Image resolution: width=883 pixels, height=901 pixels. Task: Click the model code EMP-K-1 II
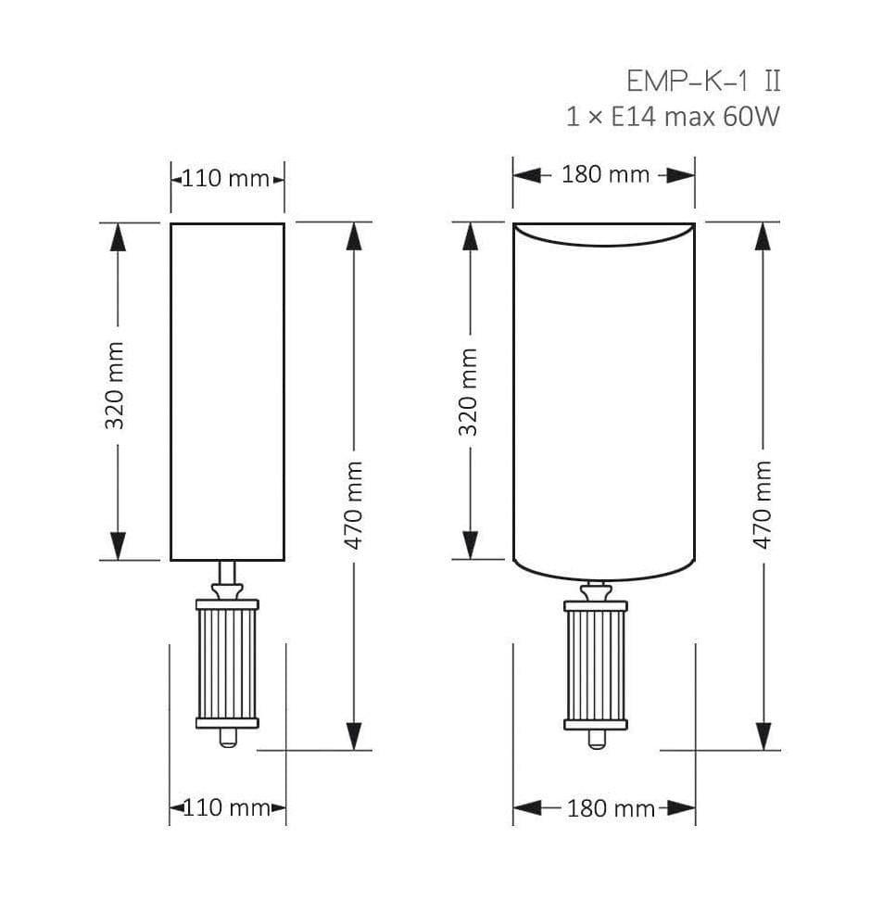tap(704, 81)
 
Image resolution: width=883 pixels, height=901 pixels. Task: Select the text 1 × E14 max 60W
tap(673, 117)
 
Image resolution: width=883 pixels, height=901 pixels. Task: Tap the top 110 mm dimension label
tap(226, 179)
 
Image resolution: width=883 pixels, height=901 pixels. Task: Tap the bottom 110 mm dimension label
tap(226, 808)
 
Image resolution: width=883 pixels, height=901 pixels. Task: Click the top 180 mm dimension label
tap(606, 174)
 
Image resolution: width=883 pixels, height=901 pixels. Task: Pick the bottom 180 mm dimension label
tap(611, 809)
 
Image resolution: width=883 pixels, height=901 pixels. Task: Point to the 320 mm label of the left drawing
tap(115, 386)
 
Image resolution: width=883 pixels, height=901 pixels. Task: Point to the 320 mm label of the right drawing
tap(468, 392)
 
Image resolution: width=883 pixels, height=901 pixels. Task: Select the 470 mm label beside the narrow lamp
tap(353, 506)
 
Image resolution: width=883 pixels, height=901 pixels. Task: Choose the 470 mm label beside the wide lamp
tap(762, 505)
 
